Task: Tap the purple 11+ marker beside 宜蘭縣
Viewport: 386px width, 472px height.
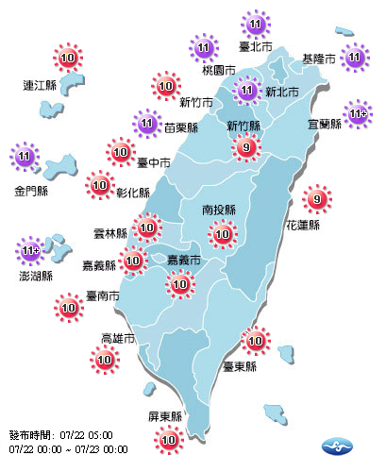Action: tap(358, 114)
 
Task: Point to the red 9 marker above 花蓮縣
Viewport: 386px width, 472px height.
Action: tap(316, 199)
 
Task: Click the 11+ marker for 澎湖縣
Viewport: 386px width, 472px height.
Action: tap(31, 251)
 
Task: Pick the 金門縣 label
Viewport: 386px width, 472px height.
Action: tap(29, 190)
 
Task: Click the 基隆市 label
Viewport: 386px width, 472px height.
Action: tap(318, 59)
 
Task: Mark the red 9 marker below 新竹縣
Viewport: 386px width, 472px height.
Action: tap(246, 147)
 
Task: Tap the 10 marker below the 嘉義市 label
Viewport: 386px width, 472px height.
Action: tap(178, 283)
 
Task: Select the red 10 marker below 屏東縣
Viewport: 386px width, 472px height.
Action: tap(169, 439)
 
